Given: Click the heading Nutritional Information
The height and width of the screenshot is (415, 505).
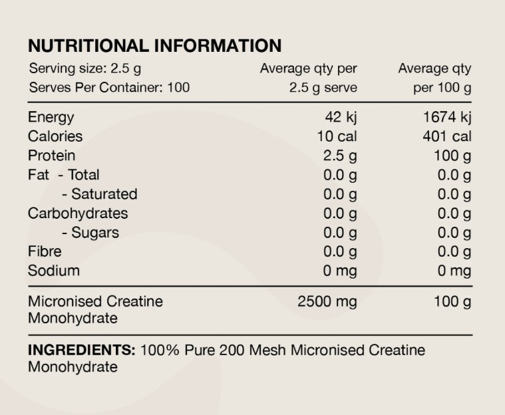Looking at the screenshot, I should click(x=154, y=46).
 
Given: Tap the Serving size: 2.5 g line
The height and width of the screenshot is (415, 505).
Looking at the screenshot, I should click(x=84, y=68).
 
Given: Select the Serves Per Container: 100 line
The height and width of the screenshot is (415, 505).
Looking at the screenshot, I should click(x=108, y=87).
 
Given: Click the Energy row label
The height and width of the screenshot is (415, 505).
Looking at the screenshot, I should click(x=51, y=118).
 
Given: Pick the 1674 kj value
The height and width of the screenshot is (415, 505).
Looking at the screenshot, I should click(x=447, y=118).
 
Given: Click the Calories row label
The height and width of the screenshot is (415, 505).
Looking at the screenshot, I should click(x=55, y=136).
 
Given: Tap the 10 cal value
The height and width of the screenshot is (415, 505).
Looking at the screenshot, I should click(x=337, y=136).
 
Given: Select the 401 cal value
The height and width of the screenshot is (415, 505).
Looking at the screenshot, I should click(x=448, y=136).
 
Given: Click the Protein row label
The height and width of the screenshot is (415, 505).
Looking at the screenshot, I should click(x=51, y=156).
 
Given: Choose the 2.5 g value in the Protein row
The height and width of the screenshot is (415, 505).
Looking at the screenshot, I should click(x=341, y=156).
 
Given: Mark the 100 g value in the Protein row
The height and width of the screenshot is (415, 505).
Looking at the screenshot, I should click(x=452, y=156).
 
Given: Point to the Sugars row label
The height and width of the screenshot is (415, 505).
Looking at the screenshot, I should click(x=90, y=233).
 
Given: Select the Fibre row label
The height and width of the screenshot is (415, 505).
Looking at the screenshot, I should click(x=45, y=251).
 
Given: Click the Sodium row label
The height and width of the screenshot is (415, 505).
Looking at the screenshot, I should click(x=53, y=271).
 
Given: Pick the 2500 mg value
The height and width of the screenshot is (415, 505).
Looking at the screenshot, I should click(x=327, y=301).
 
